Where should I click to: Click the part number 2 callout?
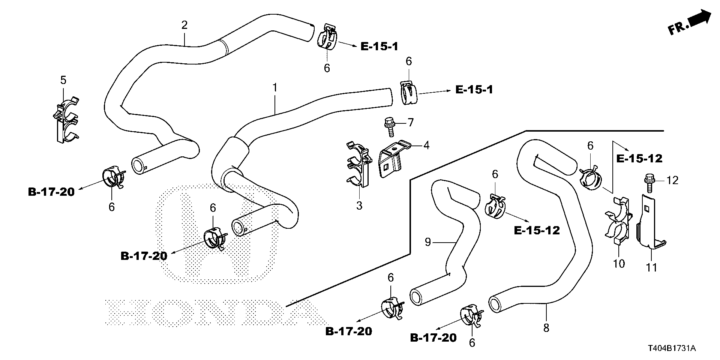[184, 25]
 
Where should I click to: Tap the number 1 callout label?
[275, 88]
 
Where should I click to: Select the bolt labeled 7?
[389, 127]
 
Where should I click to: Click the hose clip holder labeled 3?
[358, 165]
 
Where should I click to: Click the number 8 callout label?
[546, 328]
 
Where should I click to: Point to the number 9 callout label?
[428, 242]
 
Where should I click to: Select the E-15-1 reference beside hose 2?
[379, 46]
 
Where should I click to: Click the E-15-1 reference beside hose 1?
[474, 90]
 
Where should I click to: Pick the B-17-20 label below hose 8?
[433, 338]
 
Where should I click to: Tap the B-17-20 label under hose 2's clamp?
[51, 192]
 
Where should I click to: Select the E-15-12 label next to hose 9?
[537, 230]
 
